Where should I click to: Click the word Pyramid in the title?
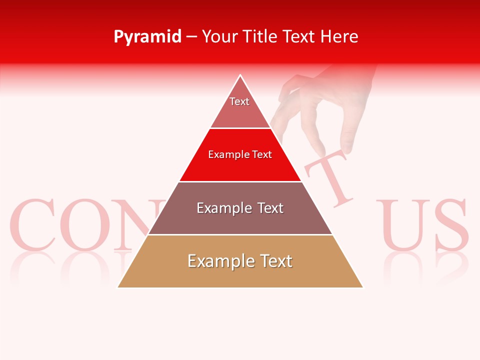click(x=147, y=37)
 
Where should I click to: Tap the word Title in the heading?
click(x=261, y=37)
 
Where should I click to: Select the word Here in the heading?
click(x=339, y=37)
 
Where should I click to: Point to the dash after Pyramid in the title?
click(x=191, y=37)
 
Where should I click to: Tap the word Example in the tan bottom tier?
click(x=214, y=261)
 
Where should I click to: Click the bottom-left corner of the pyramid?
click(x=118, y=287)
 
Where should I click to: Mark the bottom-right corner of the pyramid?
click(x=362, y=287)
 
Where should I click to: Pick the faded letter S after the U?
click(x=450, y=225)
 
